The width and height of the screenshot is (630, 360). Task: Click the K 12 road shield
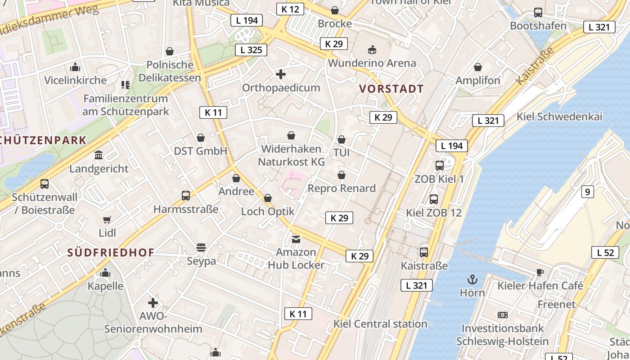pyautogui.click(x=290, y=9)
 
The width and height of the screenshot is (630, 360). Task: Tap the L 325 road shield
pyautogui.click(x=251, y=49)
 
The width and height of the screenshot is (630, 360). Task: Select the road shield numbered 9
pyautogui.click(x=587, y=192)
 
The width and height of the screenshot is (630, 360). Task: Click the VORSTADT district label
pyautogui.click(x=392, y=89)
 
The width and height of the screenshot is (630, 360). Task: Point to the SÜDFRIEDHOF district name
pyautogui.click(x=111, y=252)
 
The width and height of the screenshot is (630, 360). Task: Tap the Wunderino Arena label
pyautogui.click(x=372, y=63)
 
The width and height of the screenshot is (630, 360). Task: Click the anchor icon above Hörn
pyautogui.click(x=472, y=280)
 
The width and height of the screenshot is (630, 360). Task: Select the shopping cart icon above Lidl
pyautogui.click(x=107, y=220)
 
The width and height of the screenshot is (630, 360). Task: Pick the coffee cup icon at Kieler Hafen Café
pyautogui.click(x=540, y=273)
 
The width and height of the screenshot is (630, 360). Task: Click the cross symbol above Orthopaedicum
pyautogui.click(x=281, y=74)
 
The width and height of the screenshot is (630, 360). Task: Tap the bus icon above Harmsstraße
pyautogui.click(x=186, y=196)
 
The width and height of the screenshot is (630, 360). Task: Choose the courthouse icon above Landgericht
pyautogui.click(x=99, y=155)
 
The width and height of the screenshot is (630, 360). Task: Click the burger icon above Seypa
pyautogui.click(x=201, y=247)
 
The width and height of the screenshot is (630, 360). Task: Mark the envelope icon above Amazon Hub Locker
pyautogui.click(x=296, y=239)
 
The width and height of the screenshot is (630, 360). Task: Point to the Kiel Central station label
pyautogui.click(x=380, y=324)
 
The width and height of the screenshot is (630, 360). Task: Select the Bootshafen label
pyautogui.click(x=538, y=26)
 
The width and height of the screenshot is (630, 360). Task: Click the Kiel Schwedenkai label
pyautogui.click(x=559, y=117)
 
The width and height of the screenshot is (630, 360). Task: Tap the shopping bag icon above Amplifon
pyautogui.click(x=478, y=67)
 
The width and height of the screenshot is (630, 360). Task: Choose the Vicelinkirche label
pyautogui.click(x=75, y=80)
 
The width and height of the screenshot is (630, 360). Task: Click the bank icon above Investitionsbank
pyautogui.click(x=502, y=315)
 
